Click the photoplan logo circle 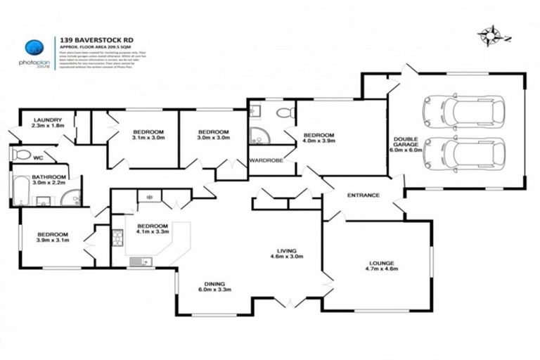click(x=34, y=48)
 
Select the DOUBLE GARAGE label click(x=406, y=143)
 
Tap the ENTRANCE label click(x=364, y=195)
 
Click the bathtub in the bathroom click(x=20, y=190)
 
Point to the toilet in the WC click(x=21, y=155)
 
